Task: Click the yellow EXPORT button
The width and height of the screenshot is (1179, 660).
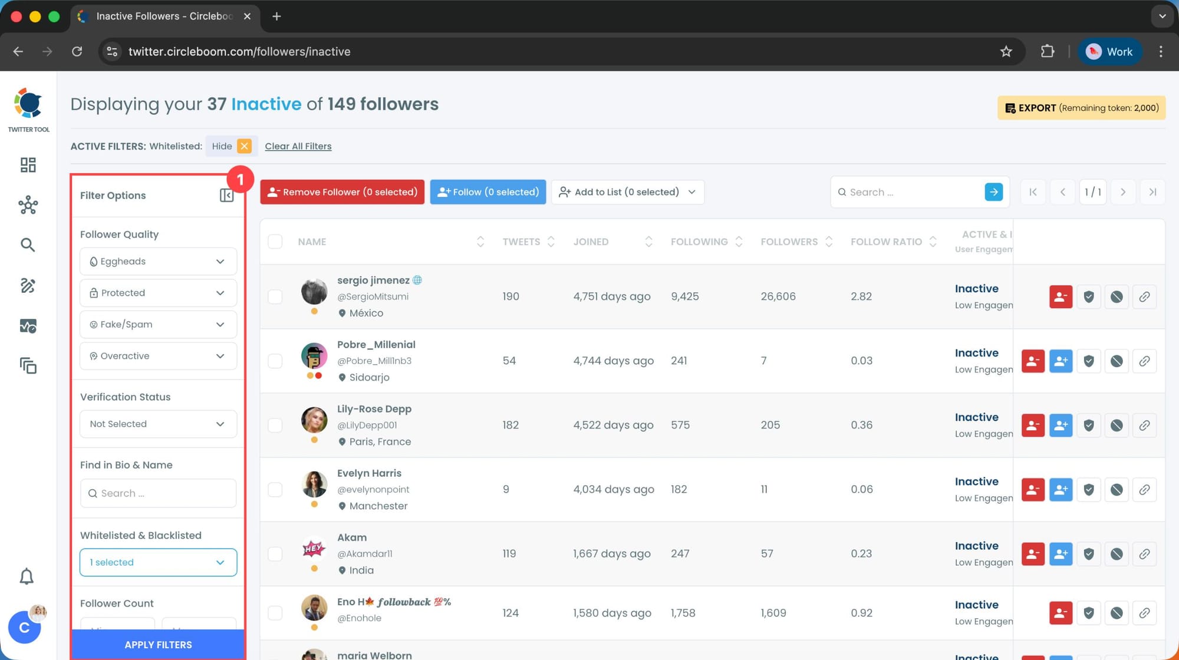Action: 1081,108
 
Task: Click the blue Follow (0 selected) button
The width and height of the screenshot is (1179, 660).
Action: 488,192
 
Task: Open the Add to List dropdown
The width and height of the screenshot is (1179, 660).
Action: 627,192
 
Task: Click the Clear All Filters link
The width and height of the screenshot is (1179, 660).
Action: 298,146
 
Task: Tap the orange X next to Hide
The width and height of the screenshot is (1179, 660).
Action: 244,146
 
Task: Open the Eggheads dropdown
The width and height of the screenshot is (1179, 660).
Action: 158,262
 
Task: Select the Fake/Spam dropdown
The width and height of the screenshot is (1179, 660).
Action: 158,325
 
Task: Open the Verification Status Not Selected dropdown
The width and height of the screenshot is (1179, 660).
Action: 158,424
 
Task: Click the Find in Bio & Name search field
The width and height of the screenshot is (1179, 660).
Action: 158,493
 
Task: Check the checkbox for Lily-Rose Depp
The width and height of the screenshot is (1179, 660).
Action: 275,425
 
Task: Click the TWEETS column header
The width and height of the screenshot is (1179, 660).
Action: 521,242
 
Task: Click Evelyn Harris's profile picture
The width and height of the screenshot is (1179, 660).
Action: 314,484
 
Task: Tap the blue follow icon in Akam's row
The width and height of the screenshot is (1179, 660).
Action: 1061,554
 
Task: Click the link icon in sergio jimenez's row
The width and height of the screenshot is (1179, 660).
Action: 1144,296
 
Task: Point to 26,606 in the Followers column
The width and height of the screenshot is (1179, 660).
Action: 778,296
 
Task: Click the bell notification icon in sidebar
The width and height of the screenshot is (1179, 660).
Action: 27,576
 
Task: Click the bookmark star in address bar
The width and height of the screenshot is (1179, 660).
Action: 1006,52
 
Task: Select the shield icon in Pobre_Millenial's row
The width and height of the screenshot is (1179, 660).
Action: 1089,361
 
